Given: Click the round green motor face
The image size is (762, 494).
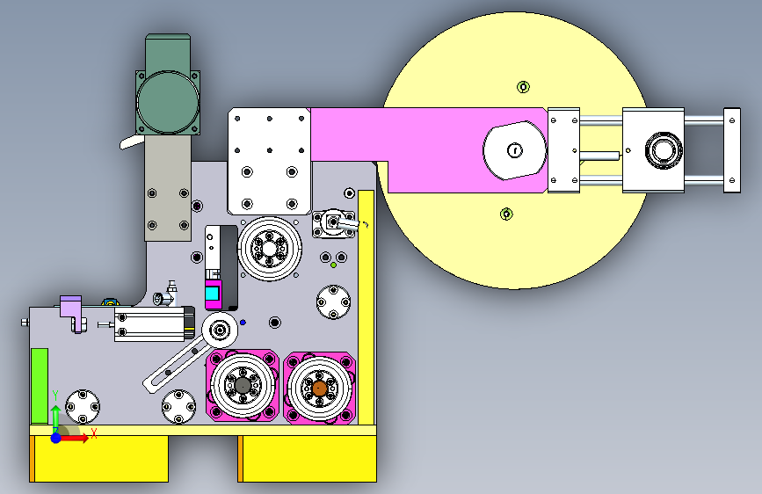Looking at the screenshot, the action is point(168,102).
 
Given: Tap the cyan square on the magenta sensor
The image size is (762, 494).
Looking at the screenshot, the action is point(212,294).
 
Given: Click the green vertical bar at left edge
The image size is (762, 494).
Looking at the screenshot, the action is point(40,386).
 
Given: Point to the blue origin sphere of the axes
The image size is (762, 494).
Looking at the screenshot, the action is point(56,438).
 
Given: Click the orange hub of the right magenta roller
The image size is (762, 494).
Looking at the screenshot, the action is point(319,389).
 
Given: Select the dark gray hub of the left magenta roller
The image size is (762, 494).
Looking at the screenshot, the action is point(243,386).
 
